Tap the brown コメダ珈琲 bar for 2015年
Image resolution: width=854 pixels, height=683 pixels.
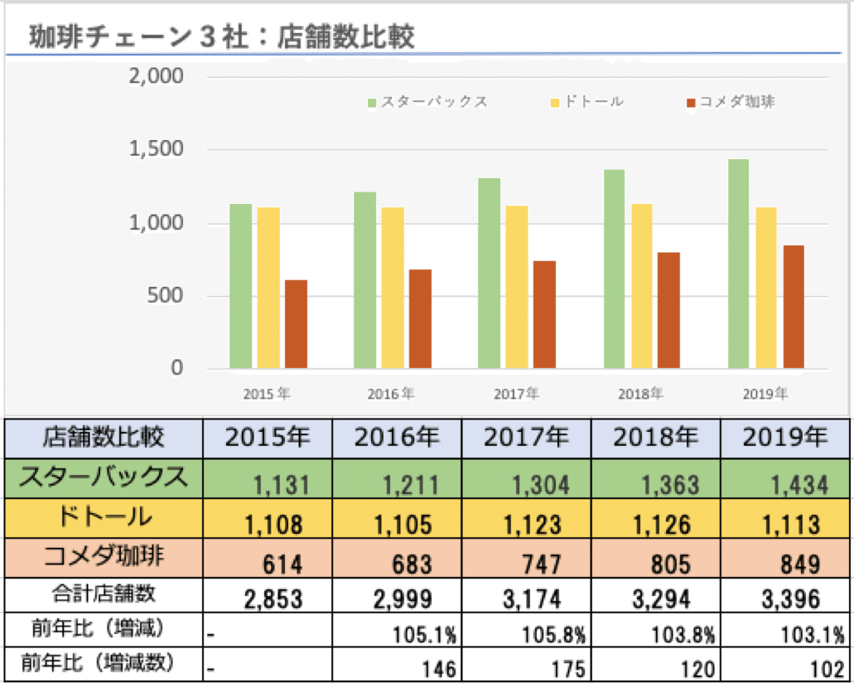[x=296, y=324]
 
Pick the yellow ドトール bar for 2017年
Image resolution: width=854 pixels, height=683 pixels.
[x=517, y=287]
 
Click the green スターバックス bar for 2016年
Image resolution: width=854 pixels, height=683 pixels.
[x=364, y=280]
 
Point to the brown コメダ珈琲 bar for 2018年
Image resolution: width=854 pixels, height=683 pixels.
[x=668, y=310]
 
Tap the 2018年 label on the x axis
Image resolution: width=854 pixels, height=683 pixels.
[x=640, y=394]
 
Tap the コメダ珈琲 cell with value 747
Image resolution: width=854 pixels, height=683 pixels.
[x=526, y=564]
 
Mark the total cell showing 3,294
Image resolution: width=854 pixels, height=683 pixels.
[x=656, y=597]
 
